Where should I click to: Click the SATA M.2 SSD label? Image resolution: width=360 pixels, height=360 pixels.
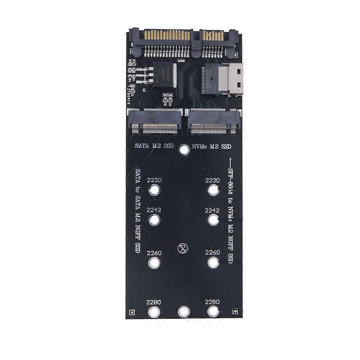(154, 146)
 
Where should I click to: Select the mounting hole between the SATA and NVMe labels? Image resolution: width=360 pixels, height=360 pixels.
(184, 150)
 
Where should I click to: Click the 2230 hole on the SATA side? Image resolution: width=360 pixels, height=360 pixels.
(154, 190)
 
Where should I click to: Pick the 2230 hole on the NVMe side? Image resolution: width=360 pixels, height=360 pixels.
(213, 190)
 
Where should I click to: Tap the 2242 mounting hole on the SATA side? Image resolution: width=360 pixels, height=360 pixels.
(154, 219)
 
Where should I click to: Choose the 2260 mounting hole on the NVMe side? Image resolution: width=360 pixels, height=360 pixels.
(213, 263)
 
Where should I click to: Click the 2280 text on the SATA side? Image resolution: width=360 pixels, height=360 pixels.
(154, 302)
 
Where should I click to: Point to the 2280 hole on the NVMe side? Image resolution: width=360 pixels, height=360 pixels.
(213, 312)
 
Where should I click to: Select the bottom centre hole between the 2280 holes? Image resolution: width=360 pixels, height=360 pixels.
(184, 312)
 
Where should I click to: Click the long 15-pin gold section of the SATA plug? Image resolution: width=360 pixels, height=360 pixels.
(167, 35)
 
